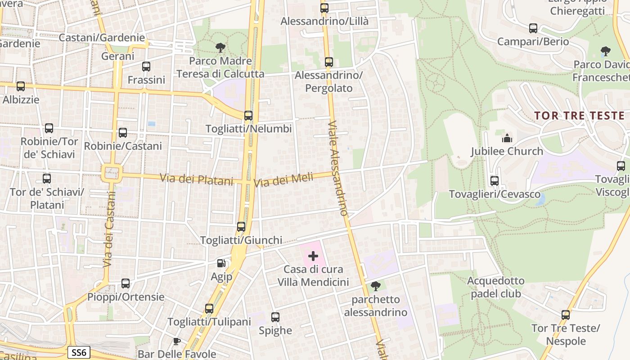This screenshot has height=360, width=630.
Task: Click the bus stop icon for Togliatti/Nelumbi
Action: [x=248, y=116]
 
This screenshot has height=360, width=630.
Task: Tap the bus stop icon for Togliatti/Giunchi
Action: [x=241, y=227]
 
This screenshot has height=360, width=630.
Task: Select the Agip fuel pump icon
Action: [x=221, y=263]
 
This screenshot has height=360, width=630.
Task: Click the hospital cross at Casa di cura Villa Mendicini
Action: [x=313, y=256]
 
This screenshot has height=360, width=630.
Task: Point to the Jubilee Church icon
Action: [x=507, y=138]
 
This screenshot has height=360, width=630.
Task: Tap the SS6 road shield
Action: [x=79, y=352]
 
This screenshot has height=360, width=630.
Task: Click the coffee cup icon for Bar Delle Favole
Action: [x=177, y=341]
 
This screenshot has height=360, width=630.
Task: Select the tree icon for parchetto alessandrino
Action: [x=375, y=286]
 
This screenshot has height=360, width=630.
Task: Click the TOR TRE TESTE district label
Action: [x=579, y=116]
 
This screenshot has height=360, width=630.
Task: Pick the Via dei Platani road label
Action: [x=197, y=180]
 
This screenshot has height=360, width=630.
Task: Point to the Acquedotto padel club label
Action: [x=496, y=287]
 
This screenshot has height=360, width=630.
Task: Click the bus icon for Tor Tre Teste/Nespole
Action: [x=566, y=315]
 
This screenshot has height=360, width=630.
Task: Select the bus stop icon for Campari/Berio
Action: [x=533, y=28]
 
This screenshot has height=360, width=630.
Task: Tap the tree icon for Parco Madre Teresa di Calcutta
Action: [x=220, y=47]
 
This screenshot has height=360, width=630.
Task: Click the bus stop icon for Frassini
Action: [x=146, y=67]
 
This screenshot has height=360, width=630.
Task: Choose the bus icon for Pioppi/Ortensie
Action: [x=126, y=283]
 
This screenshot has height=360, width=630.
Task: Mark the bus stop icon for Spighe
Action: [x=275, y=317]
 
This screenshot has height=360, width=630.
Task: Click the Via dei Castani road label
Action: [x=108, y=229]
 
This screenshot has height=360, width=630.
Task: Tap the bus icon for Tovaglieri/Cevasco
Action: [x=495, y=181]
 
